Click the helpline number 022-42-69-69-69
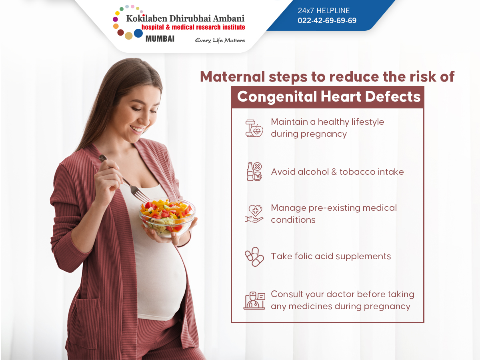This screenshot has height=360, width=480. point(327,20)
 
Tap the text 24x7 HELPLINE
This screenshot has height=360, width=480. point(324,11)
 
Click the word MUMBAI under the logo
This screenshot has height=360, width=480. point(160,39)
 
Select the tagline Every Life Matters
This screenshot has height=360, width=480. point(220,40)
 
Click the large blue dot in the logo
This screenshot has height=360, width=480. point(138,33)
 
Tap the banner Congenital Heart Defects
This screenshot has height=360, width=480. point(328,97)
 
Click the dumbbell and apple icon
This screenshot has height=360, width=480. point(254,128)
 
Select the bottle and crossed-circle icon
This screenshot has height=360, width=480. point(254,172)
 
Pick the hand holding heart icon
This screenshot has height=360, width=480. point(254,214)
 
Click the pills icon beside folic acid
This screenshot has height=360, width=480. point(254,256)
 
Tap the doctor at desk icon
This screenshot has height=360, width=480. point(254,300)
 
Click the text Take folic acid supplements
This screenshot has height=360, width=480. point(331,256)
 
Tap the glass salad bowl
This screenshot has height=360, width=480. point(167,218)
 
